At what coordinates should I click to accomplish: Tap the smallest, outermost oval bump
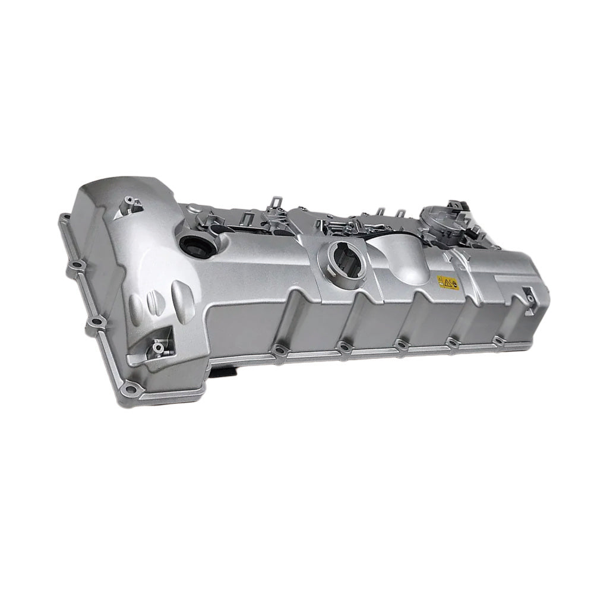[135, 306]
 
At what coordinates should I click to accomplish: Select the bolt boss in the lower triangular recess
[159, 345]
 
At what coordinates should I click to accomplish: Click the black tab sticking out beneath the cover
[229, 371]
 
